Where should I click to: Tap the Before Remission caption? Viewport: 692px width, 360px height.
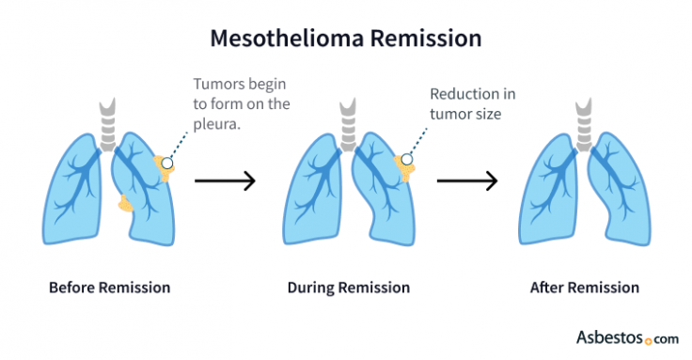109,288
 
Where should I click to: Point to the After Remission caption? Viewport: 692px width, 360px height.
583,288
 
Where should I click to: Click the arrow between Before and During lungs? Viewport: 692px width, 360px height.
225,180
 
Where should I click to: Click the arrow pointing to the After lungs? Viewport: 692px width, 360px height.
466,180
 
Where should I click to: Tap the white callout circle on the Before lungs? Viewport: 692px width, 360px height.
167,163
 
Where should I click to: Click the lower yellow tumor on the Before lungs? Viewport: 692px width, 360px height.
125,201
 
